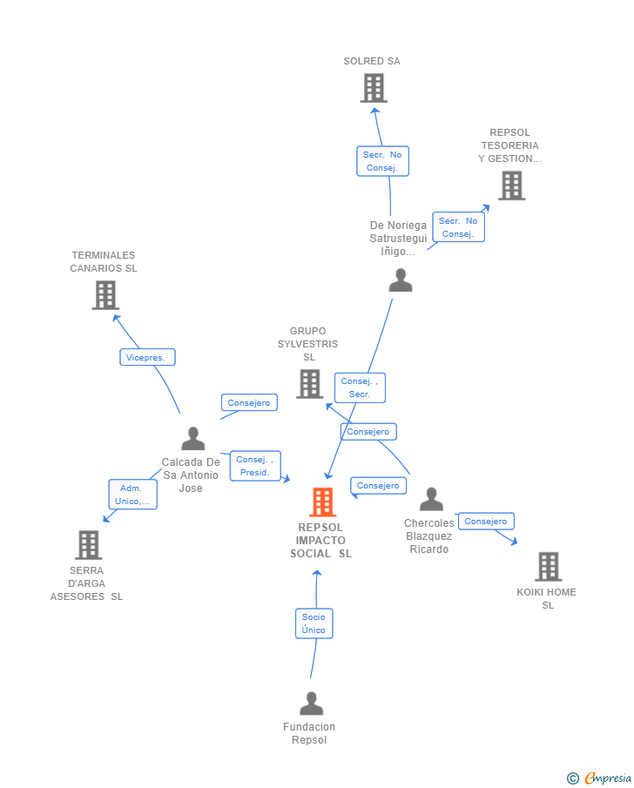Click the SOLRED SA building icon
(374, 88)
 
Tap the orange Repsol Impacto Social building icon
(322, 502)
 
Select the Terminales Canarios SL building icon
(105, 295)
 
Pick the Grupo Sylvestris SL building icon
(309, 383)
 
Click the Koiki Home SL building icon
(548, 566)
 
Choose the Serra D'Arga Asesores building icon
(88, 545)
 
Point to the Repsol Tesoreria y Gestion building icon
(511, 185)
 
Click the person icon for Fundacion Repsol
(311, 704)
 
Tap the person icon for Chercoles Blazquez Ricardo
(431, 500)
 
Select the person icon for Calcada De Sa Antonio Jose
(192, 439)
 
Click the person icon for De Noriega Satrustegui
(401, 280)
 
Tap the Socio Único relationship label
(314, 623)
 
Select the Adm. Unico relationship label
(132, 495)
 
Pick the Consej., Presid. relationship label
(255, 466)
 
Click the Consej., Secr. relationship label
(360, 387)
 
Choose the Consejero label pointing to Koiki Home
(485, 522)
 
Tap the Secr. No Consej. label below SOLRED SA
(382, 161)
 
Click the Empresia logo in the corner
(600, 778)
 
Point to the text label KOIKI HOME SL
(547, 598)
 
